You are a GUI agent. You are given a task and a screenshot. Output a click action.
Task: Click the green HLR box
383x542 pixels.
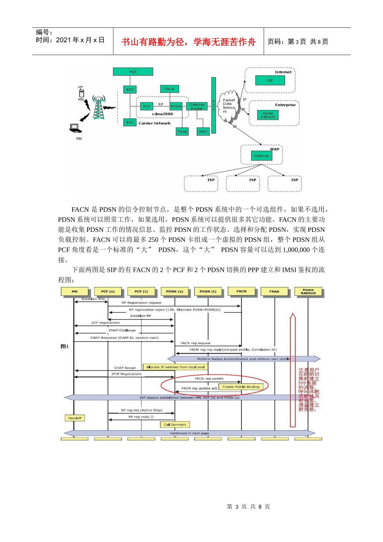(x=133, y=72)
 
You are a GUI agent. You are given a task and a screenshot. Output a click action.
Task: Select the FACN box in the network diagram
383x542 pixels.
(x=169, y=89)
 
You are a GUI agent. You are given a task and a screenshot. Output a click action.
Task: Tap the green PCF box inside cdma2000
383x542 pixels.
(x=146, y=106)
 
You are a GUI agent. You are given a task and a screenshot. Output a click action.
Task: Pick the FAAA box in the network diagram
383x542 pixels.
(x=183, y=131)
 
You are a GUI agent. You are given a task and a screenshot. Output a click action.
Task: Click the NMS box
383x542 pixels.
(x=203, y=131)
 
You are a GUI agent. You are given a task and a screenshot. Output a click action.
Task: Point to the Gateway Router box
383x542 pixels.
(x=197, y=106)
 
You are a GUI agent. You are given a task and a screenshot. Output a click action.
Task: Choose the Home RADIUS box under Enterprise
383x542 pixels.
(x=268, y=115)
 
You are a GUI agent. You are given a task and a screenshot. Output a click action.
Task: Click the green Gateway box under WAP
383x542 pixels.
(x=261, y=156)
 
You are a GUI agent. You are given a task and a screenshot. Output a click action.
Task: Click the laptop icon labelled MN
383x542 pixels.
(x=75, y=128)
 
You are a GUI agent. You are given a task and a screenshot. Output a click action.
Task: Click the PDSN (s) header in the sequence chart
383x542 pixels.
(x=175, y=291)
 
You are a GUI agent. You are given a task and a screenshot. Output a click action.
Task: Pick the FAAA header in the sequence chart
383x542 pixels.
(x=274, y=291)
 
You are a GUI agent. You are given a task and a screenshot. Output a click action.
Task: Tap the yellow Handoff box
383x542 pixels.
(x=75, y=418)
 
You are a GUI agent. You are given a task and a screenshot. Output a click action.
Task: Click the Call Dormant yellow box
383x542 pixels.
(x=175, y=424)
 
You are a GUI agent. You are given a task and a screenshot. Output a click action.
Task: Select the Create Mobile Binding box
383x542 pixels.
(x=241, y=387)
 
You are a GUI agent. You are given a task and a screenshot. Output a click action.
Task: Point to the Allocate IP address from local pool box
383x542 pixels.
(x=175, y=367)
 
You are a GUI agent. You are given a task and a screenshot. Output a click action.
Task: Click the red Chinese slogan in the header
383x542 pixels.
(x=188, y=42)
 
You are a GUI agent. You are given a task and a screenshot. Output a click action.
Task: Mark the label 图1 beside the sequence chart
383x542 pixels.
(x=65, y=346)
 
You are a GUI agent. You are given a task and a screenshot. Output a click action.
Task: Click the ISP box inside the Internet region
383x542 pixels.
(x=270, y=80)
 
